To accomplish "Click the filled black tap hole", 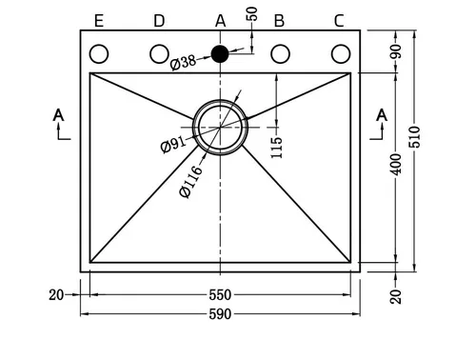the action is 220,54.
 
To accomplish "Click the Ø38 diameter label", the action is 183,62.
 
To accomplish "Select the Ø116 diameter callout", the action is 190,182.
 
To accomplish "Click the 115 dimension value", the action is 276,148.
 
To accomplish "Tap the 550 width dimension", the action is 220,295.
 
